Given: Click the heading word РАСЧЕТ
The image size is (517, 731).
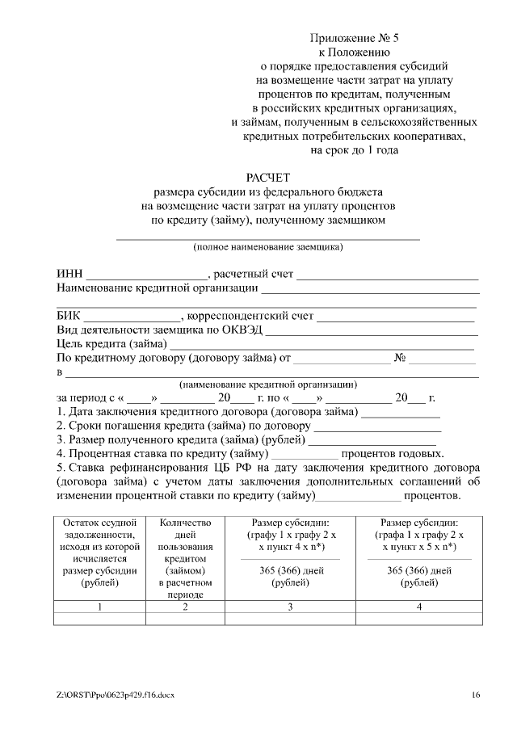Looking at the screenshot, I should pos(267,177).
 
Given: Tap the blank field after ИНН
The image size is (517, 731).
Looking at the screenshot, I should pos(147,275).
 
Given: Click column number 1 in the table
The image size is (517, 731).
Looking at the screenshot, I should pos(99,607).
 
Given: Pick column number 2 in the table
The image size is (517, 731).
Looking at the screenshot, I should pos(185,607).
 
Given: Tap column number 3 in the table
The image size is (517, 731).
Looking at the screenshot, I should pos(289,607).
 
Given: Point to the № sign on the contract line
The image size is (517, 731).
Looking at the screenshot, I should pos(399,357).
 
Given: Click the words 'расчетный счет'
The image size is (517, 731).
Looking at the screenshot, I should pos(253,275).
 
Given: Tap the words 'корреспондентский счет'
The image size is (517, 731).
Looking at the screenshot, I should pos(250,316).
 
